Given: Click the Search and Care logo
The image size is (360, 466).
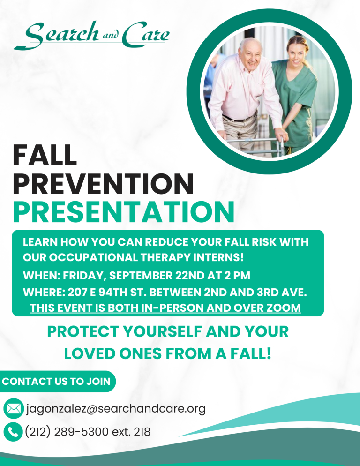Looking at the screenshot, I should (91, 35).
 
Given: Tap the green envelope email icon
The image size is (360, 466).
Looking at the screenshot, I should (14, 409).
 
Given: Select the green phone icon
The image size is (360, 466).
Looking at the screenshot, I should (14, 430).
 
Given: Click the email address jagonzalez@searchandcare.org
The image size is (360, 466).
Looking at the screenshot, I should (116, 409).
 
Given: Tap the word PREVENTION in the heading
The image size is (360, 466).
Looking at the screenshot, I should (103, 184).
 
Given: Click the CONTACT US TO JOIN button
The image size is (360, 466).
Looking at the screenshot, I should (56, 381).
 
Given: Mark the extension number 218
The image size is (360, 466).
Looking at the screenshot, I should (142, 431).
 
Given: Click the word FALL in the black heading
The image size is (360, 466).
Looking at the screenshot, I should (45, 156).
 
